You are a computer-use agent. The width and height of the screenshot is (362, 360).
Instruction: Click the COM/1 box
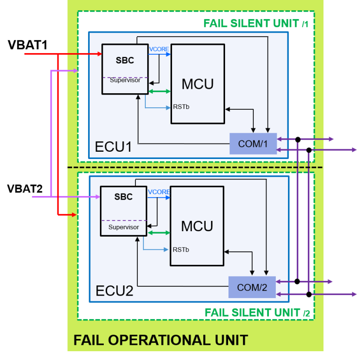coord(253,144)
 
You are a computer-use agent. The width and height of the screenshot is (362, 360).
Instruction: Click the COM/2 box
coord(252,287)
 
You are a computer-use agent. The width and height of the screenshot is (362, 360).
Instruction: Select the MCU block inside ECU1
coord(197,84)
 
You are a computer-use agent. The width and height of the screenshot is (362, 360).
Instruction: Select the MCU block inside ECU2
coord(197,226)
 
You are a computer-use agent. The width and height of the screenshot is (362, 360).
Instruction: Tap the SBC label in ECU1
coord(125,60)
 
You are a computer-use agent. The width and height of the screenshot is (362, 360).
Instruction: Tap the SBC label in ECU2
coord(123,197)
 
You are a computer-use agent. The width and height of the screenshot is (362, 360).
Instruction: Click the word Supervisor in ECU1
coord(125,80)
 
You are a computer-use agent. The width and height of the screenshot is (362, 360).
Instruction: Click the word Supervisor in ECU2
coord(123,227)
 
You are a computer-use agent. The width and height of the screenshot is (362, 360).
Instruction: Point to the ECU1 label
coord(114,146)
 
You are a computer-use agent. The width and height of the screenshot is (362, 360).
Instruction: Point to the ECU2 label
coord(114,291)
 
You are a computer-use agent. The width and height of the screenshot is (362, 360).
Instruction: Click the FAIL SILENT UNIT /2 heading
coord(257,312)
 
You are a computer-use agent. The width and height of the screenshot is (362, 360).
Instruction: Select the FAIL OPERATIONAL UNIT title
coord(160,340)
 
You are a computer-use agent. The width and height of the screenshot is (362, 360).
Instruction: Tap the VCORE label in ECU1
coord(159,49)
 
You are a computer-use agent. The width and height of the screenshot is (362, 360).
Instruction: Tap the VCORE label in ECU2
coord(158,192)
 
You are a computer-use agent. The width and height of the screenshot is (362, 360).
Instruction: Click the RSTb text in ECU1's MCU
coord(181,107)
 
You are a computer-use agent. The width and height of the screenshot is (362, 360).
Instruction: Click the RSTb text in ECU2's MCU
coord(181,250)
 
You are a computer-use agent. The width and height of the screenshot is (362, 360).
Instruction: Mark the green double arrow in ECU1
coord(159,91)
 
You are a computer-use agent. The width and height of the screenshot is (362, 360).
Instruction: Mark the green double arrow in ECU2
coord(158,233)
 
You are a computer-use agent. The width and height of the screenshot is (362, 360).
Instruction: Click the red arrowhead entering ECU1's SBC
coord(99,54)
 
